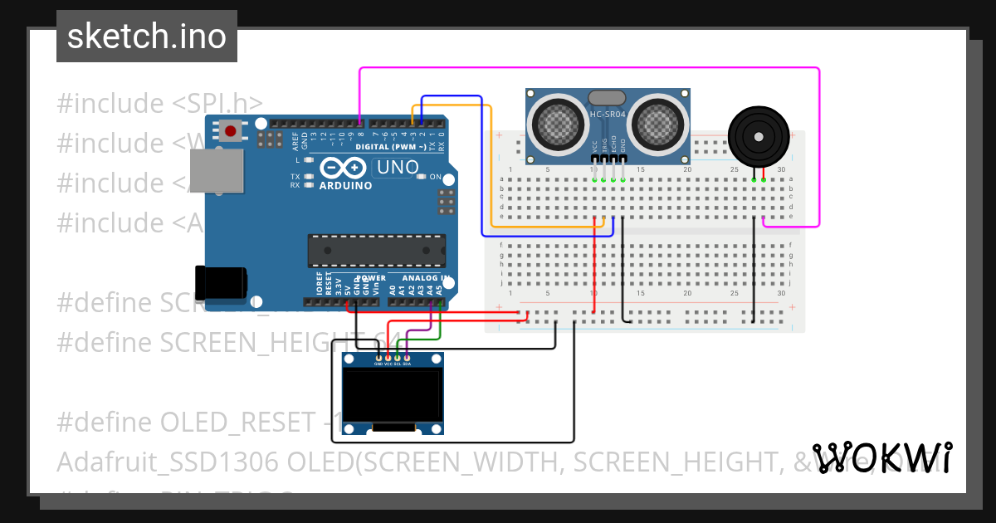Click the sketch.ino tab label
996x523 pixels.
coord(146,37)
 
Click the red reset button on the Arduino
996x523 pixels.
coord(232,130)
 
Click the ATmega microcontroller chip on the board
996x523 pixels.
coord(376,250)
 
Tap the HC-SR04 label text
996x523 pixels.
coord(608,115)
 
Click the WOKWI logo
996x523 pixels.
coord(881,457)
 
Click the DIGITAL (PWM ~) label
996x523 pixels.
coord(390,147)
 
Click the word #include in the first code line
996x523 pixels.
coord(110,104)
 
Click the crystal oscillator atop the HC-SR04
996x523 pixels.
coord(607,97)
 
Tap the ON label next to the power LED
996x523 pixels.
coord(435,177)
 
